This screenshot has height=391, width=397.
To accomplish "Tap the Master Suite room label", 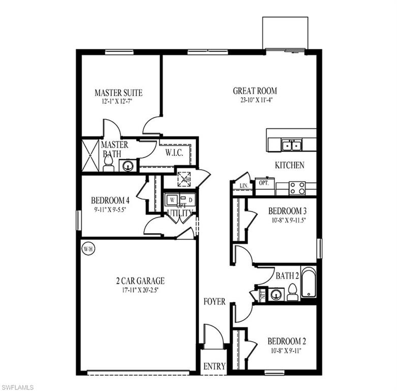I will tap(118, 93).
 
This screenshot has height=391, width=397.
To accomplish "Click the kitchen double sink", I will tap(291, 146).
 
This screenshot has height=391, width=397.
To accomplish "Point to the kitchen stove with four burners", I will tap(297, 188).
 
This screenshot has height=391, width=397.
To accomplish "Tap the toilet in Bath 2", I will tap(292, 293).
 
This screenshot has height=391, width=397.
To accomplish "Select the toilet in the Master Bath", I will tap(108, 163).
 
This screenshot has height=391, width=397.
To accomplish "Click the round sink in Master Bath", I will tap(128, 165).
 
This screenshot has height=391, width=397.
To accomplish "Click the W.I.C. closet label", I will tap(175, 152).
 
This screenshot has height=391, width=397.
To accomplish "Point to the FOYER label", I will tap(215, 301).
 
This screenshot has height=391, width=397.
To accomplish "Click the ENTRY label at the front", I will tap(214, 366).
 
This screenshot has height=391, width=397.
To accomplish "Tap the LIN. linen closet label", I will tap(242, 186).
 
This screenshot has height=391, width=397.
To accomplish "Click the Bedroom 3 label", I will tap(287, 211).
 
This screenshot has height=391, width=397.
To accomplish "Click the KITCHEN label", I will tap(289, 165).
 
